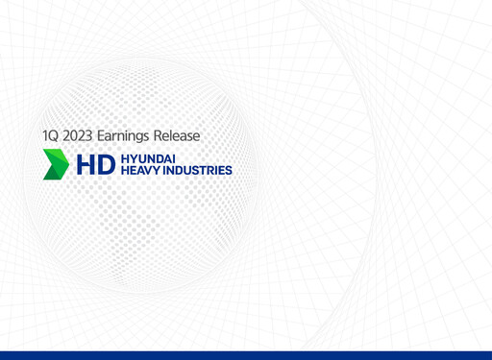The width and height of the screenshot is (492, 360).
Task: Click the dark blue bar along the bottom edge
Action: pos(246,355)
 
